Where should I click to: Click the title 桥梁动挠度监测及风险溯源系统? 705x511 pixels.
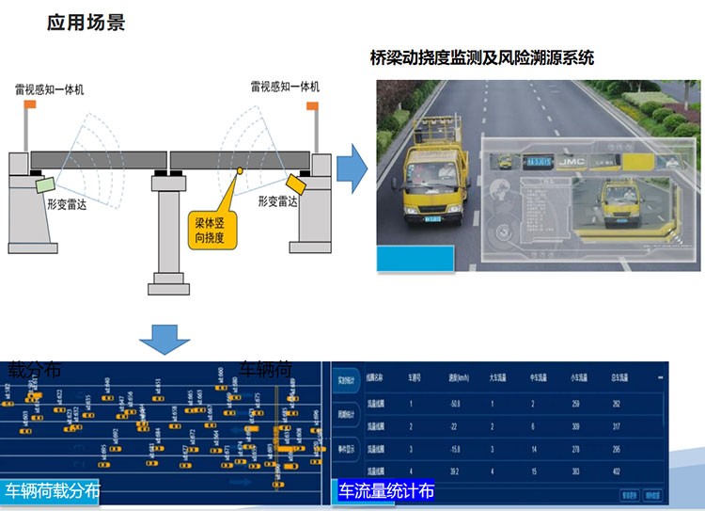click(x=482, y=58)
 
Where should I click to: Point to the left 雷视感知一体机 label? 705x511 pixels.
click(x=50, y=88)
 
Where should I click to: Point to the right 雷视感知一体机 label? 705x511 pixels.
click(x=285, y=87)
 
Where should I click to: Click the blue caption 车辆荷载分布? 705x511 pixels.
click(x=52, y=492)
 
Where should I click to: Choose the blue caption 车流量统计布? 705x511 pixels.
click(x=386, y=492)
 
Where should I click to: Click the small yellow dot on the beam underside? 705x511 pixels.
click(x=240, y=171)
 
